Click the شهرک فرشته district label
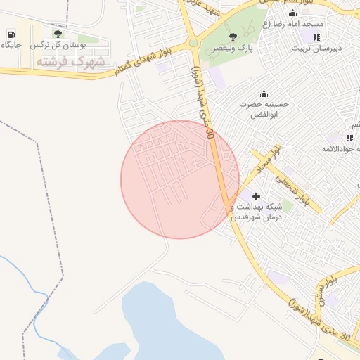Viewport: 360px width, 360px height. coord(70,62)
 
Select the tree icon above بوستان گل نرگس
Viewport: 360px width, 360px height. coord(58,34)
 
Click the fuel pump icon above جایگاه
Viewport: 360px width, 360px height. coord(12,34)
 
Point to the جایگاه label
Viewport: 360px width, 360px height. coord(11,45)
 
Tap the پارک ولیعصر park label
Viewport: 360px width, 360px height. coord(231,48)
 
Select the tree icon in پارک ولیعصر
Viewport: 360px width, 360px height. coord(233,36)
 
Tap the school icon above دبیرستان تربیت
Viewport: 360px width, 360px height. coord(316,37)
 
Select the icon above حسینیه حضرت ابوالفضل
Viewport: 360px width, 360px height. coord(264,94)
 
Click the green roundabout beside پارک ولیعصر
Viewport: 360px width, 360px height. coord(193,43)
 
